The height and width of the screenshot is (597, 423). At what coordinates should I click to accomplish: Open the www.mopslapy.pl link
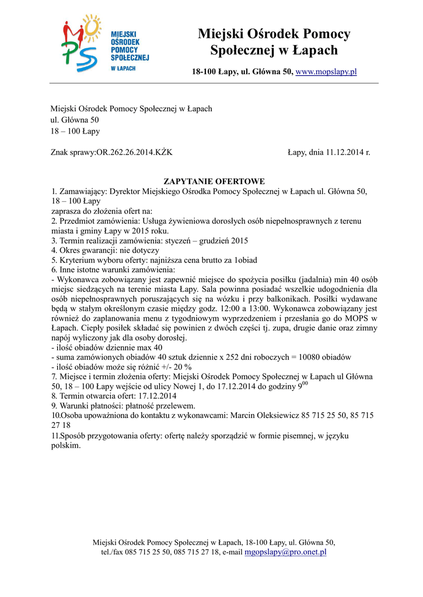[x=326, y=72]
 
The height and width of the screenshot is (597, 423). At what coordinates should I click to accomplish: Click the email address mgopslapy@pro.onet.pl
[x=285, y=552]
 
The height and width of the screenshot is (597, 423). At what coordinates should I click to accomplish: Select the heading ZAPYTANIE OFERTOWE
[x=214, y=181]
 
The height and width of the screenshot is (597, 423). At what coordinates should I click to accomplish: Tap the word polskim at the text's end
[x=65, y=445]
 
